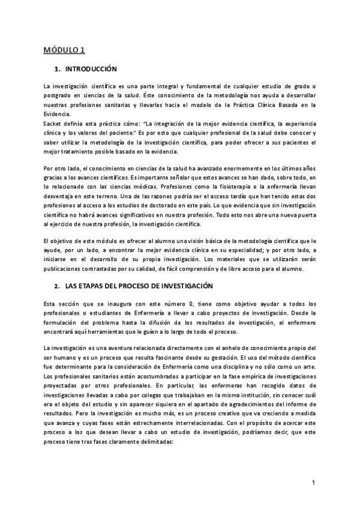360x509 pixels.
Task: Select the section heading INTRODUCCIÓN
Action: pos(95,69)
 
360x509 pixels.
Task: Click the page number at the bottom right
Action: pos(314,482)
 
